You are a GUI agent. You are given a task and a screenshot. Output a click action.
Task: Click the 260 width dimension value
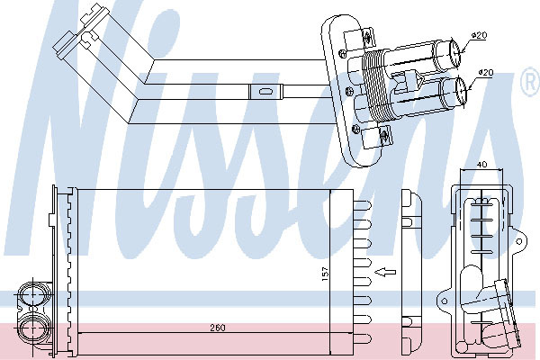click(218, 328)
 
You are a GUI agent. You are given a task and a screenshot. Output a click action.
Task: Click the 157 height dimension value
click(325, 274)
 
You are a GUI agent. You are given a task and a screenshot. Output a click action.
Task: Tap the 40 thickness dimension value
click(482, 165)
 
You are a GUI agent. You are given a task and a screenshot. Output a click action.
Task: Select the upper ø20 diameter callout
click(479, 35)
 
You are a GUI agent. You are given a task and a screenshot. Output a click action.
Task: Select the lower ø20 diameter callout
click(486, 72)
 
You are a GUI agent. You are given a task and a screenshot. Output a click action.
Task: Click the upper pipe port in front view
click(32, 295)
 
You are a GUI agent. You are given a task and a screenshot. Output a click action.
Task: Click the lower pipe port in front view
click(32, 328)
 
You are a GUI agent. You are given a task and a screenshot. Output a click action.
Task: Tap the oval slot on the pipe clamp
click(265, 92)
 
